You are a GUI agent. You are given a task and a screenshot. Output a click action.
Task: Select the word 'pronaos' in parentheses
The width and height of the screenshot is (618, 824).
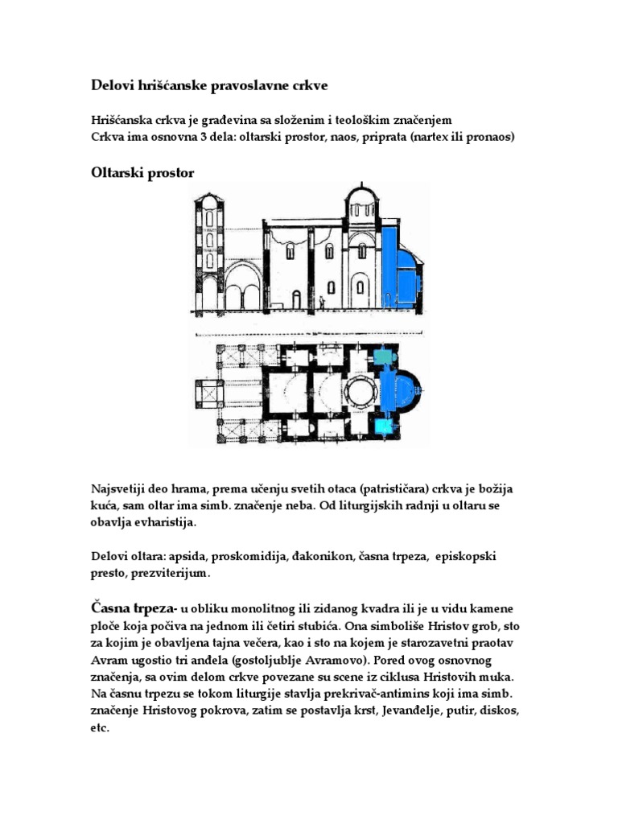(x=483, y=137)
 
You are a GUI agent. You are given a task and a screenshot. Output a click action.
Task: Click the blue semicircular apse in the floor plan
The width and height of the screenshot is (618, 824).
(x=406, y=391)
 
